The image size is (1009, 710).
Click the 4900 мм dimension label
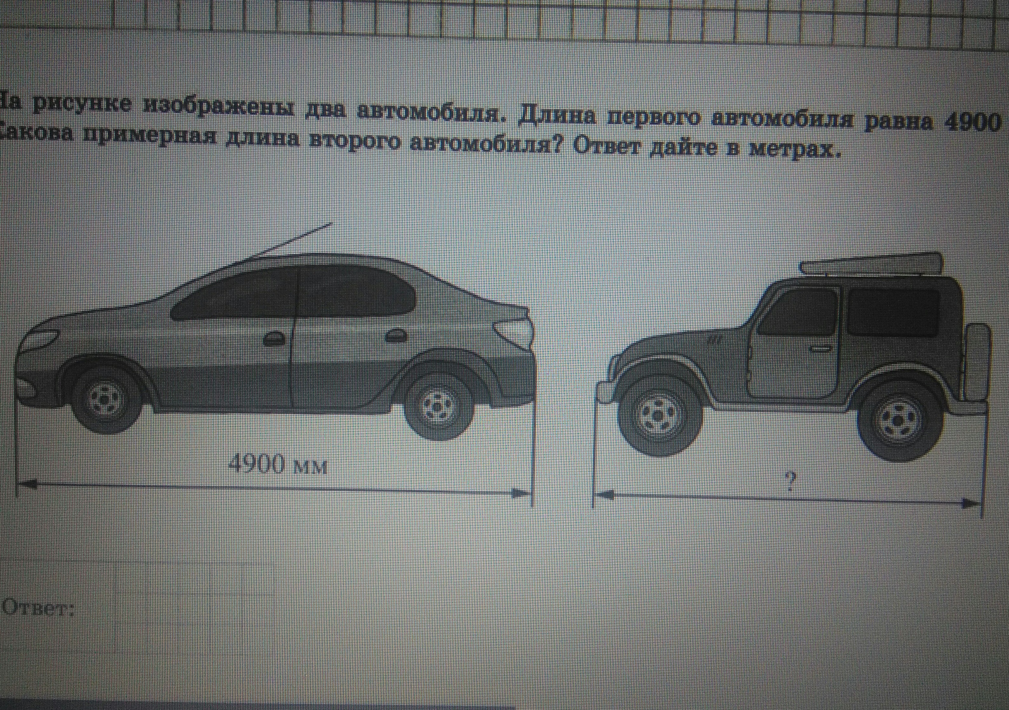click(279, 465)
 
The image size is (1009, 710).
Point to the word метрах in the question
click(795, 152)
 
